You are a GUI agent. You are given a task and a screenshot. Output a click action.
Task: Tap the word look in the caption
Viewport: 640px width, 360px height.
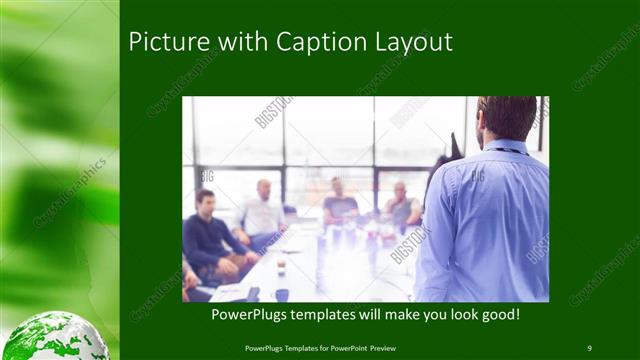click(449, 315)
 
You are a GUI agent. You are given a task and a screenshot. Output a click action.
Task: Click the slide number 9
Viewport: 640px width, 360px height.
click(589, 348)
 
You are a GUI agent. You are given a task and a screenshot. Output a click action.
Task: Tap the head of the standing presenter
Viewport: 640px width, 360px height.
click(507, 117)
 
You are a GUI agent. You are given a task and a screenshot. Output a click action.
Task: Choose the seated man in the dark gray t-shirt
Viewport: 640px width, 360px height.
click(340, 204)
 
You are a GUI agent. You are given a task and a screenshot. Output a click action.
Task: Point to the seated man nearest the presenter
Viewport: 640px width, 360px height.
click(402, 208)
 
